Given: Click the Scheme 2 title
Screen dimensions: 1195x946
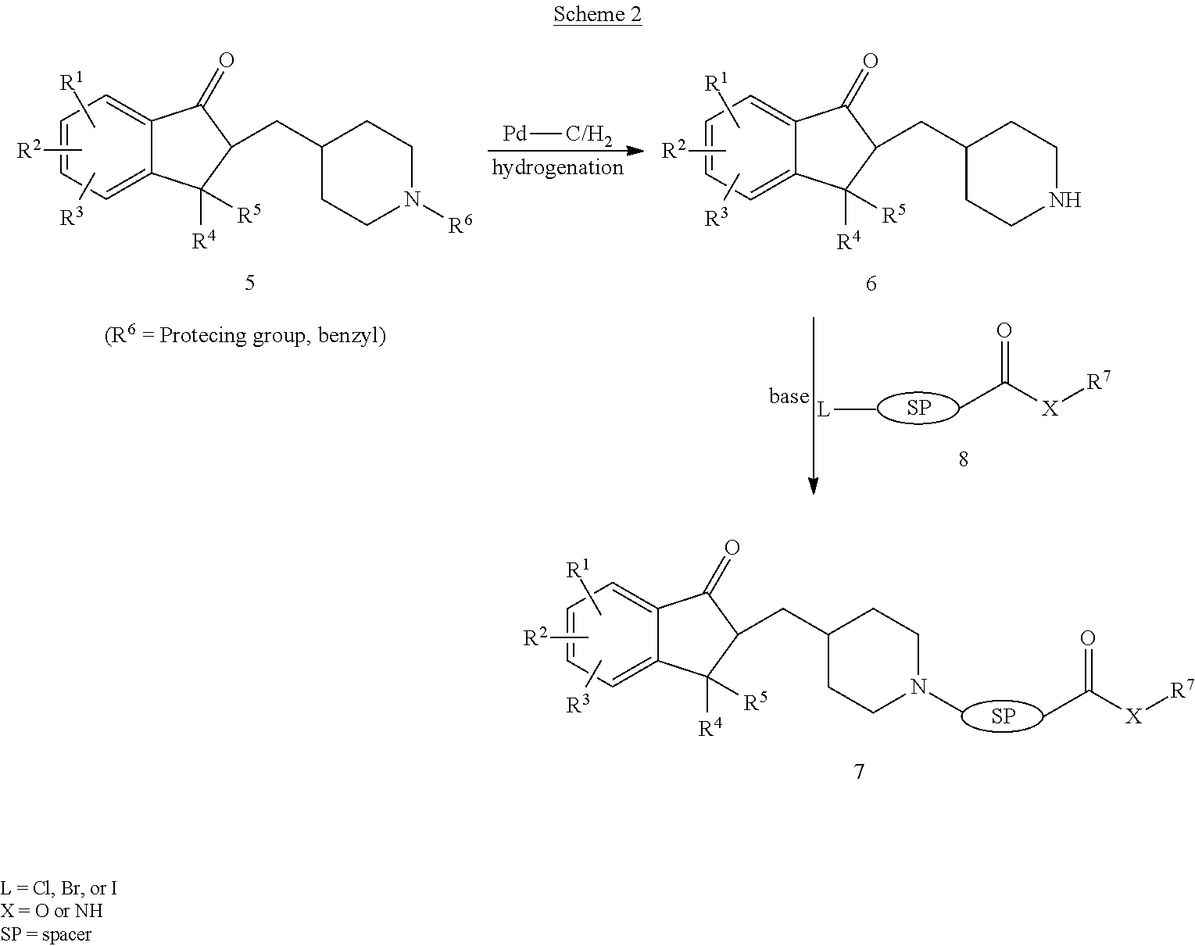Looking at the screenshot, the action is (597, 14).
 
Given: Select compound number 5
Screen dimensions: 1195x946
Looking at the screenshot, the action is (250, 283).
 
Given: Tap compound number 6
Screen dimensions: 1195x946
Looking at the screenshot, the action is (871, 284).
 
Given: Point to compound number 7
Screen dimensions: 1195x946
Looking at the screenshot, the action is (859, 772).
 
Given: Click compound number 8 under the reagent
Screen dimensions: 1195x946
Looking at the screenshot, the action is (964, 459).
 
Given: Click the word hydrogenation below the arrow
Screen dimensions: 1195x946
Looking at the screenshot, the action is (557, 167).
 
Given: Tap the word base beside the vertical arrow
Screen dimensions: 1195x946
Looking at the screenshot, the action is (789, 396).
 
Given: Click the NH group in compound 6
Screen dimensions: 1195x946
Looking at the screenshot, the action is (1064, 200).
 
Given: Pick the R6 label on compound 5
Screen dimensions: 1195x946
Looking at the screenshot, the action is (460, 223).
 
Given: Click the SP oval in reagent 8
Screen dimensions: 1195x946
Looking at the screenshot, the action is (918, 409).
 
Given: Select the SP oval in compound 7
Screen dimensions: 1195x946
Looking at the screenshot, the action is (1002, 716).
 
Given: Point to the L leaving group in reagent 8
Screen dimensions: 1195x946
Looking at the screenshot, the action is (823, 410).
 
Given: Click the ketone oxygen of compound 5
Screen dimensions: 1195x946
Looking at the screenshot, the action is (227, 60).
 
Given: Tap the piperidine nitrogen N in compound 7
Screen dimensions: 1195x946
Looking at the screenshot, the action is (919, 687).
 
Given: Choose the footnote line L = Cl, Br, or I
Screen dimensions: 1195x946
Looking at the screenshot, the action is (59, 887).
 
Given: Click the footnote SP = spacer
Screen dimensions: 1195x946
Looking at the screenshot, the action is (45, 934).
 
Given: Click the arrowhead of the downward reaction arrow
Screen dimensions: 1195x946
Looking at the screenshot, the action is (814, 486).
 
